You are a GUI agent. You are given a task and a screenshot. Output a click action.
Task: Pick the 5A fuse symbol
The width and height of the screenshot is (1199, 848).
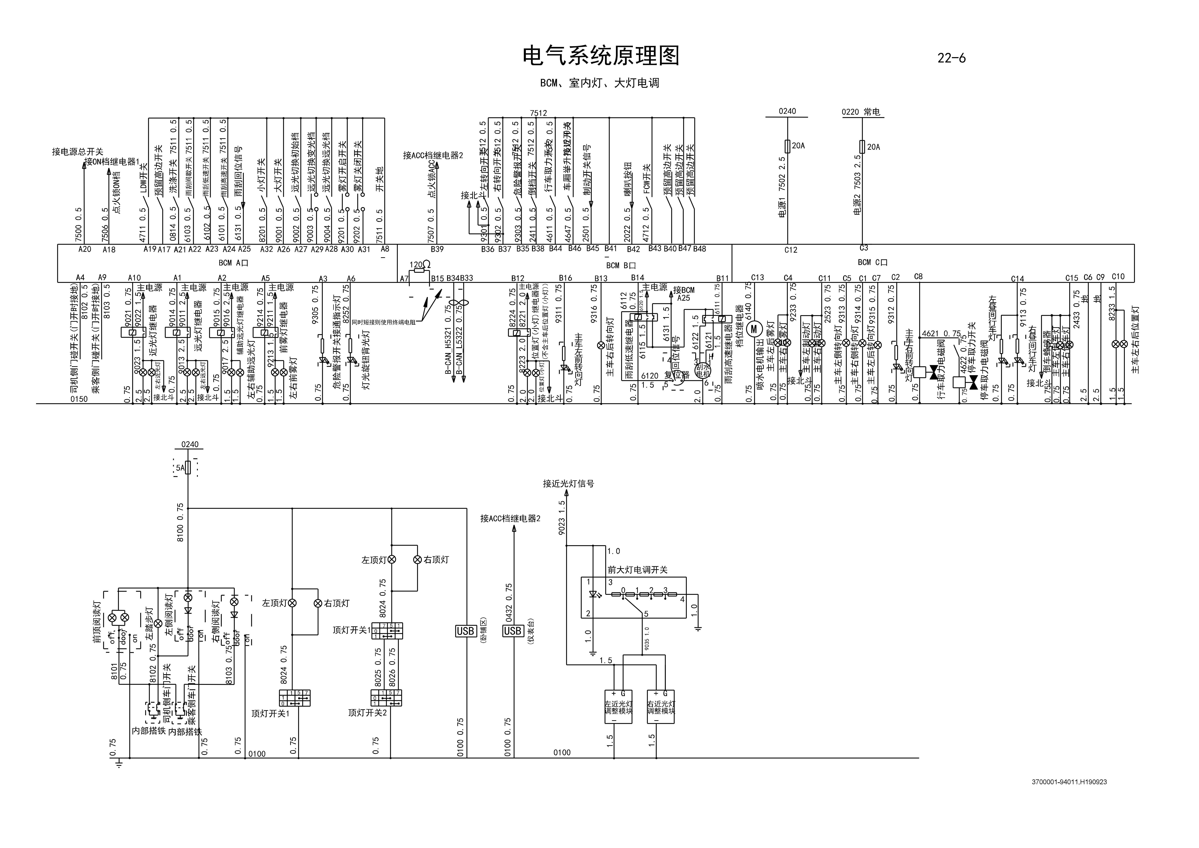pyautogui.click(x=188, y=468)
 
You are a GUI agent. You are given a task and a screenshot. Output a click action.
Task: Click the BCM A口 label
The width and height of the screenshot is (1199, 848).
pyautogui.click(x=233, y=263)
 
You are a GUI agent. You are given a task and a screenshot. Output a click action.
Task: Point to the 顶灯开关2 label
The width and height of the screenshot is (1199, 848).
pyautogui.click(x=368, y=713)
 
